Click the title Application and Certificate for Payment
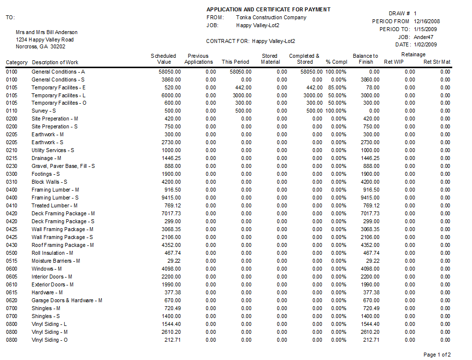268,9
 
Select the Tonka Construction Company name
271,17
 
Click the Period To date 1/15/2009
427,29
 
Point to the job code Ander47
424,37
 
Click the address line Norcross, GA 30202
41,46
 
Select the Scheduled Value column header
164,59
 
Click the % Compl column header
337,62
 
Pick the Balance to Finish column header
365,59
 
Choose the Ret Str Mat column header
437,62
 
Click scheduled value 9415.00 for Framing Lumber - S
171,198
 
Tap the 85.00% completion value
337,87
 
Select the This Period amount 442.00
242,87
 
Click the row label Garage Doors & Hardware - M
67,300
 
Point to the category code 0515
12,261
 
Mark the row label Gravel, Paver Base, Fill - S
63,166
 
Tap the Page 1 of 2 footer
437,355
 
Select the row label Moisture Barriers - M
56,261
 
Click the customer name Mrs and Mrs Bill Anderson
46,32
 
